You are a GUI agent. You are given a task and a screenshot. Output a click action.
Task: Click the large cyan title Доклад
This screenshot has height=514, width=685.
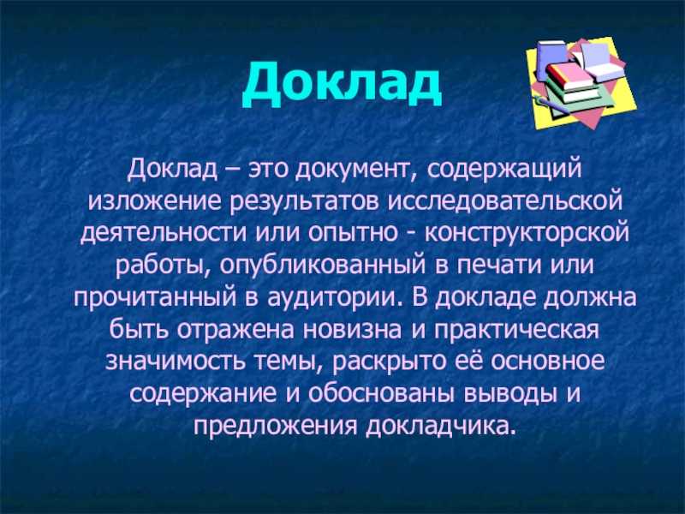[x=342, y=83]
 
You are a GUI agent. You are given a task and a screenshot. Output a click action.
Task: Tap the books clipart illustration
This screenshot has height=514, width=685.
[x=581, y=83]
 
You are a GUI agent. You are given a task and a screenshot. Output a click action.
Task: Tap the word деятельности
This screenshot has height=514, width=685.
[x=164, y=233]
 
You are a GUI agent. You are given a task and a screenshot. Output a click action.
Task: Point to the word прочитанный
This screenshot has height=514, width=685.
[x=154, y=298]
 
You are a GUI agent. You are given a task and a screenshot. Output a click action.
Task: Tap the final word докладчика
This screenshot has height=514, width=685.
[x=438, y=426]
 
